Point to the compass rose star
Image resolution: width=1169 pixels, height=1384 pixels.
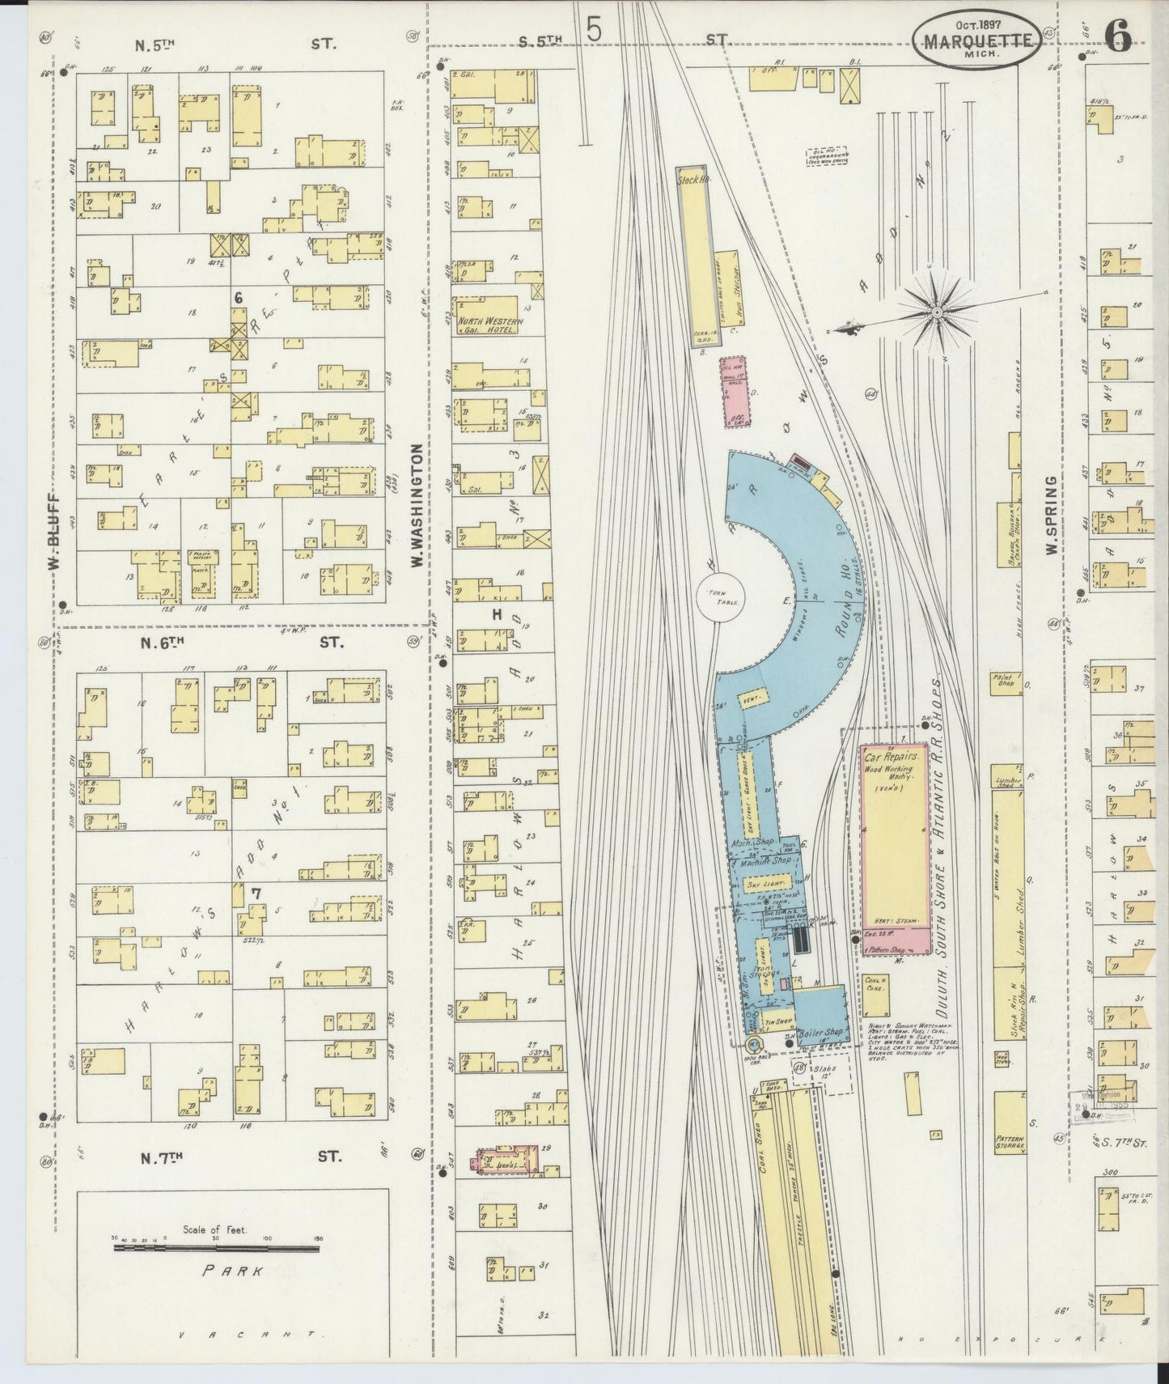936,312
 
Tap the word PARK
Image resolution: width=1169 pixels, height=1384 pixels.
233,1271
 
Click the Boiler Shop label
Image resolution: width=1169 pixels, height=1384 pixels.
820,1033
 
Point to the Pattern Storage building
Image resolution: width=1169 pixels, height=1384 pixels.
1010,1121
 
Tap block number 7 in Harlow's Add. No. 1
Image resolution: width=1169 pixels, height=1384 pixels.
255,893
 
